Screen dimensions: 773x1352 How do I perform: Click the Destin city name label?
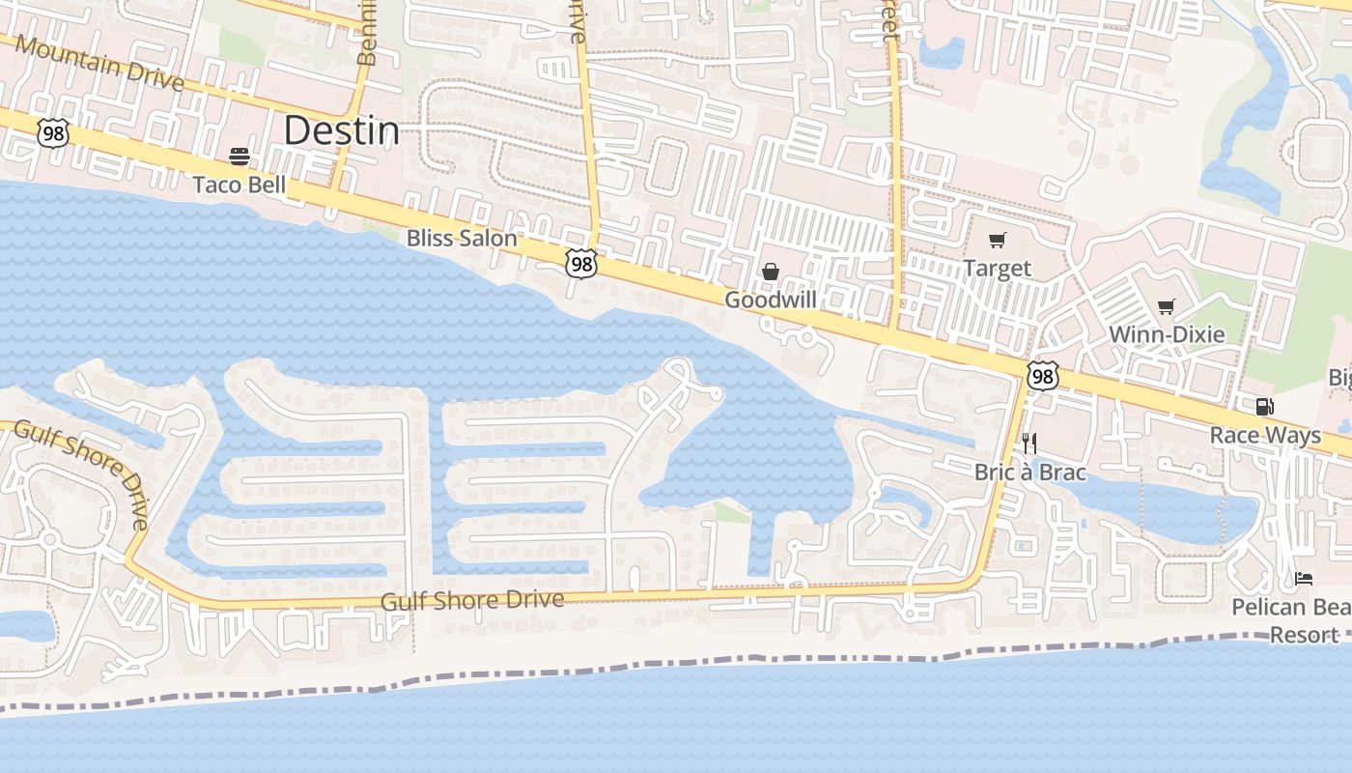click(x=342, y=130)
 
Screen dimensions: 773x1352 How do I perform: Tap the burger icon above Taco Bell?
click(x=239, y=157)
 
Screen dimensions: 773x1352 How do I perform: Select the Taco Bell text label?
click(x=239, y=185)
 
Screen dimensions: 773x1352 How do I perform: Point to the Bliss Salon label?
click(x=462, y=238)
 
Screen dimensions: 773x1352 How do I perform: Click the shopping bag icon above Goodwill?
click(x=771, y=272)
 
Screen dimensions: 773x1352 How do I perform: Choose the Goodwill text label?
click(x=771, y=301)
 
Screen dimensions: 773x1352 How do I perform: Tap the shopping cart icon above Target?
click(x=997, y=241)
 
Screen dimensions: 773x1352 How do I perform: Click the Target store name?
click(x=998, y=269)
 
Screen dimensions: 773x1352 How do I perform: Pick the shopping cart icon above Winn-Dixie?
click(x=1167, y=307)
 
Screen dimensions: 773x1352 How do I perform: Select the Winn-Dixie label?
click(x=1167, y=335)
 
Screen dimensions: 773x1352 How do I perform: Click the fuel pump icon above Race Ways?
click(x=1264, y=407)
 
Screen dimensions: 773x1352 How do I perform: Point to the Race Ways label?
click(x=1265, y=436)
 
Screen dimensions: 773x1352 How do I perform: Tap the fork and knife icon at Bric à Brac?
click(x=1029, y=444)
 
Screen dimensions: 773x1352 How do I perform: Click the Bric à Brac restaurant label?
click(x=1030, y=472)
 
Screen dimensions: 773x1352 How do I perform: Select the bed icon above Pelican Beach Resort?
click(x=1304, y=579)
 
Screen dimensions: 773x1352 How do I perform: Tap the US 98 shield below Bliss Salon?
click(x=581, y=263)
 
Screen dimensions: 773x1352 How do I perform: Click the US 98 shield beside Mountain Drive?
click(x=54, y=132)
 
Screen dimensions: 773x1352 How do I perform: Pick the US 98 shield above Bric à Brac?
click(x=1042, y=375)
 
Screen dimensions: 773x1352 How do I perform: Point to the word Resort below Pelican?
click(x=1304, y=635)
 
